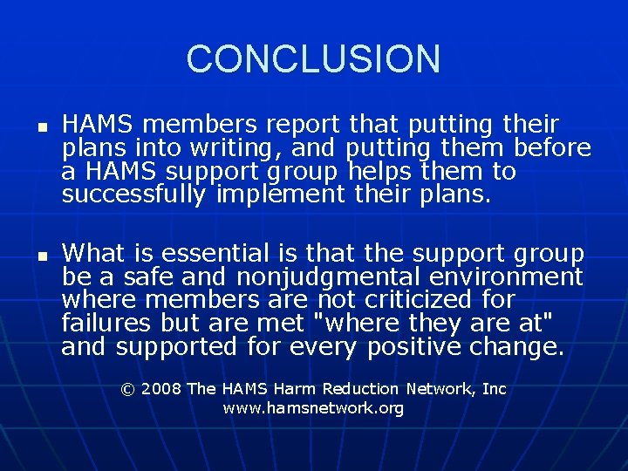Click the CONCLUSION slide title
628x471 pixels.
pyautogui.click(x=313, y=59)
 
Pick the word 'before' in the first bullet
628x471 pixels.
pyautogui.click(x=553, y=147)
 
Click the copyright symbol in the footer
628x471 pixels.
pyautogui.click(x=128, y=389)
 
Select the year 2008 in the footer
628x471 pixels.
pyautogui.click(x=161, y=389)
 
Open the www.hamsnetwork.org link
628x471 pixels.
pyautogui.click(x=313, y=408)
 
